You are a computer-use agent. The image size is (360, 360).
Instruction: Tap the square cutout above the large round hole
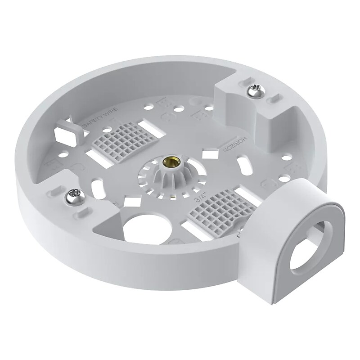coord(130,201)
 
